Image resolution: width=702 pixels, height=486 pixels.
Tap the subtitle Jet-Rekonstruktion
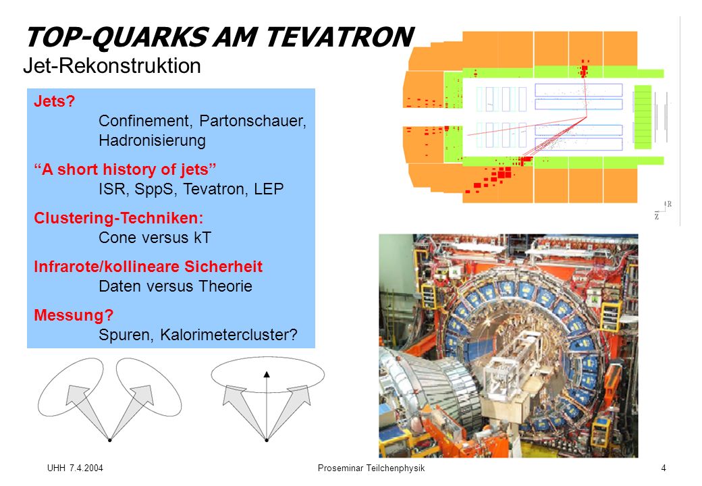112,65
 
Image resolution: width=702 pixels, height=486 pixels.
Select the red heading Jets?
54,101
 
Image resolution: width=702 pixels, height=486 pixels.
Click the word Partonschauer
252,121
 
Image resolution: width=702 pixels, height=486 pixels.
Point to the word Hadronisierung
153,140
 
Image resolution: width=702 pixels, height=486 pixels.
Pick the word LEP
269,189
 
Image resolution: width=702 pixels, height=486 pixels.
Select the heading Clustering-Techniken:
119,218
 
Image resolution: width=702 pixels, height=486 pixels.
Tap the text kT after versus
202,238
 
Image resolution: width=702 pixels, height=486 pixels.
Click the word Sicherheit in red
223,267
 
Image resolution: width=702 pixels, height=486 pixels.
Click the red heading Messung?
74,315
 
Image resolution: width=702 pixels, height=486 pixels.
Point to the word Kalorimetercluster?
228,335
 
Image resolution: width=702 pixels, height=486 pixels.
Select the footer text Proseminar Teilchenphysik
371,468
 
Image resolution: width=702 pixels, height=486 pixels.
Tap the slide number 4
664,468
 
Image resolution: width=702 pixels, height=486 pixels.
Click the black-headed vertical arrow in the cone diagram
267,406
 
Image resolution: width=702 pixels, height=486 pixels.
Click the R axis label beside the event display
669,204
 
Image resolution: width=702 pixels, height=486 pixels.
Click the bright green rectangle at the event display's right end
643,117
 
